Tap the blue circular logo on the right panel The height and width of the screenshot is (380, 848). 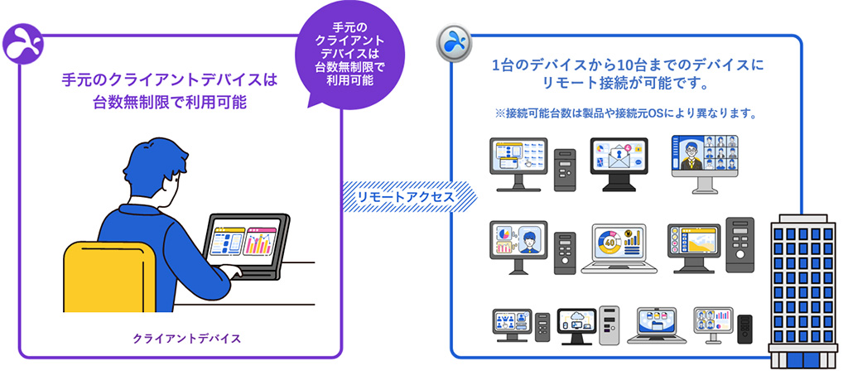pyautogui.click(x=454, y=41)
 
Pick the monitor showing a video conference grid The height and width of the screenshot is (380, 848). pyautogui.click(x=703, y=156)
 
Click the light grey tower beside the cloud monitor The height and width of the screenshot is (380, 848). pyautogui.click(x=608, y=324)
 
